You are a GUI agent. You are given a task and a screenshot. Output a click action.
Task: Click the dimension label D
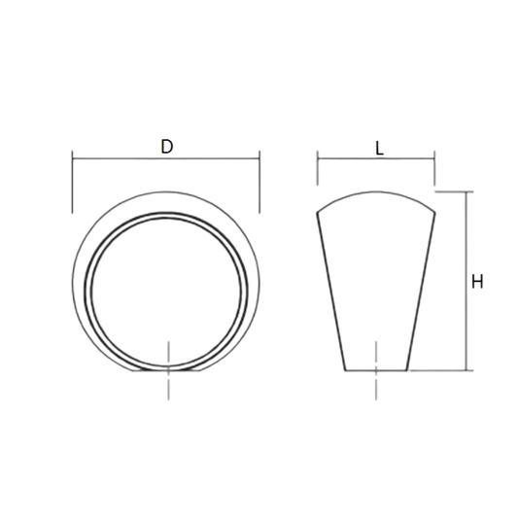(x=166, y=147)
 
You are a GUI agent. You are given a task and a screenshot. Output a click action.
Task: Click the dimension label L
(x=379, y=149)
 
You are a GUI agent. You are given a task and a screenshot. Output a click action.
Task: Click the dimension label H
(x=477, y=282)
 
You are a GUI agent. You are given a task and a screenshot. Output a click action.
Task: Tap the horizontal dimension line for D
(x=117, y=155)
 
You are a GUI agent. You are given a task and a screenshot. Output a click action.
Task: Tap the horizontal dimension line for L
(x=350, y=158)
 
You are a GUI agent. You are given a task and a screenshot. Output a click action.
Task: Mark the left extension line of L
(x=318, y=171)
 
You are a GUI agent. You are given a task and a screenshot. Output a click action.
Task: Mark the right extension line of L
(x=433, y=171)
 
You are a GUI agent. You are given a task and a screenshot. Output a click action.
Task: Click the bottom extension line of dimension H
(x=442, y=370)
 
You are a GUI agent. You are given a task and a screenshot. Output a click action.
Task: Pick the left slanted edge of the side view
(x=332, y=292)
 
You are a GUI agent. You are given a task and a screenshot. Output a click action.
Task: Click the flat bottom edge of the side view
(x=376, y=370)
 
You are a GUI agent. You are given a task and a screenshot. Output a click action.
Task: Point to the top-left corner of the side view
(x=318, y=213)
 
